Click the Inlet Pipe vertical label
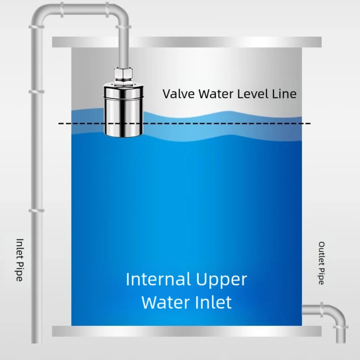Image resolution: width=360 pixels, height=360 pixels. click(19, 260)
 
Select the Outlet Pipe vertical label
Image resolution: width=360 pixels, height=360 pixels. click(322, 263)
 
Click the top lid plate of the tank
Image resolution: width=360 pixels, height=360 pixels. click(187, 42)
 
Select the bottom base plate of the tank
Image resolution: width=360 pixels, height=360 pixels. click(187, 331)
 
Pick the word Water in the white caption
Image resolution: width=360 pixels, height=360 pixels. click(163, 302)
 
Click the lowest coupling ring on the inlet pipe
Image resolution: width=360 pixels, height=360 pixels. click(37, 210)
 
